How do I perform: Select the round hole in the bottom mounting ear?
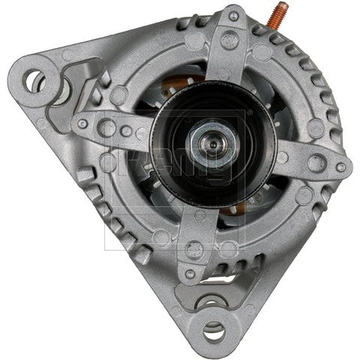(214, 328)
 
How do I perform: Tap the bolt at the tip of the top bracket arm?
(234, 16)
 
